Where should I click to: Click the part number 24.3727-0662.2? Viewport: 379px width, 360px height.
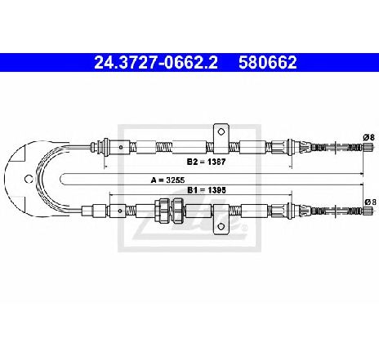(156, 62)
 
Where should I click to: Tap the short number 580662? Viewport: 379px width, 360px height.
(267, 62)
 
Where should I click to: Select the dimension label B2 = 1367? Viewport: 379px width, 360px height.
(206, 162)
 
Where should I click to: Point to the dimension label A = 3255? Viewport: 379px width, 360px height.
(168, 180)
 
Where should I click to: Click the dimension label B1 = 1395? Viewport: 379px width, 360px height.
(207, 190)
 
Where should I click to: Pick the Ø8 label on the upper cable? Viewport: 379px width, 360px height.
(369, 137)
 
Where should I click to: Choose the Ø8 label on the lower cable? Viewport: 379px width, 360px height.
(370, 202)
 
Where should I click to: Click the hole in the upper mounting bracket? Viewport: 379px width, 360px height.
(221, 132)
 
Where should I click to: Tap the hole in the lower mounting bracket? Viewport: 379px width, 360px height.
(221, 226)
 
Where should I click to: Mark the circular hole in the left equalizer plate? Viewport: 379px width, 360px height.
(29, 179)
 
